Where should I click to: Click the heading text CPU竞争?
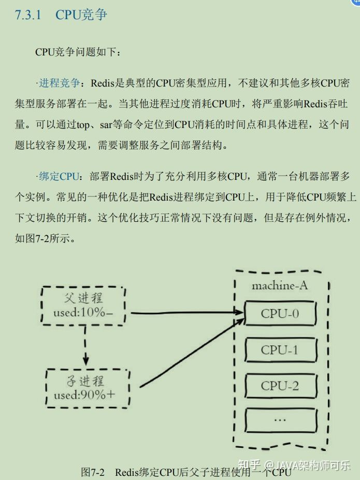(81, 15)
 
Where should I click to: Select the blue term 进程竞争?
(60, 83)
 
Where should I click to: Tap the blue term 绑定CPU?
(60, 176)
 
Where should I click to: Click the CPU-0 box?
(280, 314)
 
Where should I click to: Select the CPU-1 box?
(280, 350)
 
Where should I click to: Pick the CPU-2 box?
(280, 386)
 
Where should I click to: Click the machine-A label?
(280, 286)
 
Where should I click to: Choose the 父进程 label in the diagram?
(83, 298)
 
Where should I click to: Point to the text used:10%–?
(83, 313)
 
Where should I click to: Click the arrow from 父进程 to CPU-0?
(186, 313)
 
